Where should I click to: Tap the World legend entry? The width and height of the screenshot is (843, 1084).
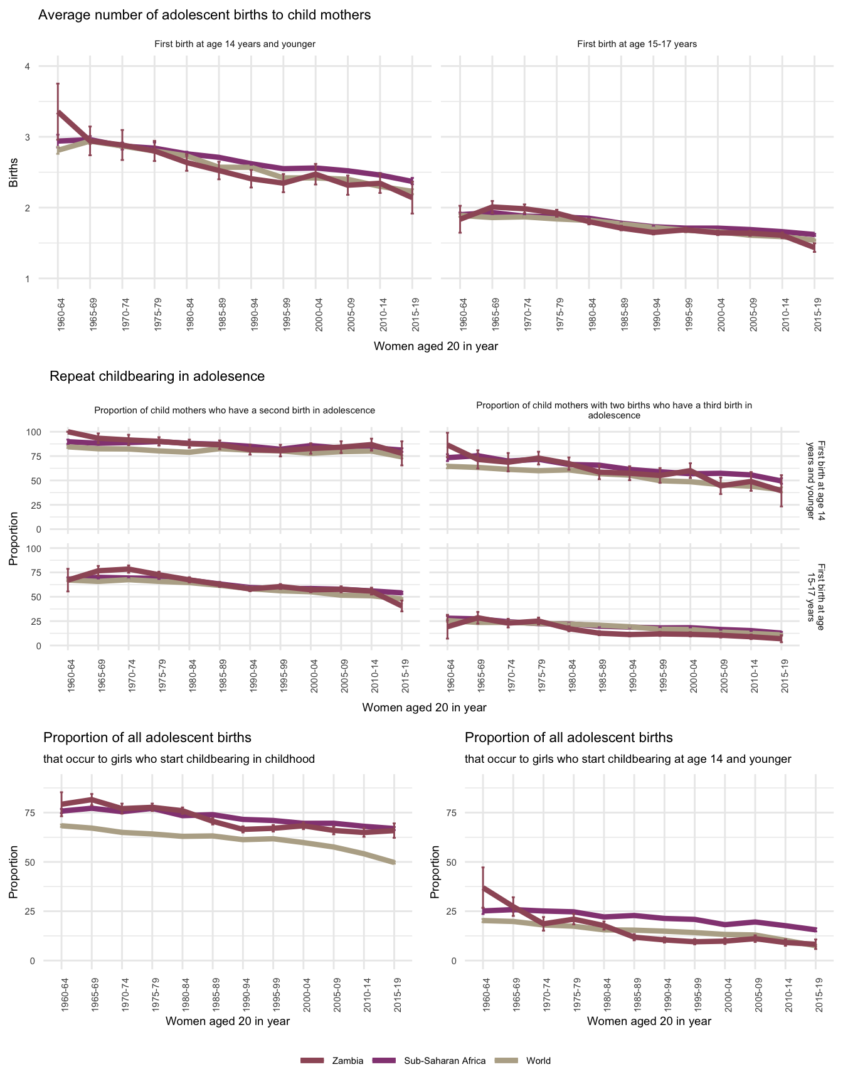coord(538,1061)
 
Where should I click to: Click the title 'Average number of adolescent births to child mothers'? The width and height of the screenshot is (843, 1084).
coord(204,15)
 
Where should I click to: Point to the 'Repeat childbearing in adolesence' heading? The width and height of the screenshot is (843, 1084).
coord(157,376)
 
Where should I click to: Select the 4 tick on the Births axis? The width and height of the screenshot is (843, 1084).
coord(27,66)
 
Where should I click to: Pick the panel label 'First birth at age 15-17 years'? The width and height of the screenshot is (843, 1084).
coord(637,45)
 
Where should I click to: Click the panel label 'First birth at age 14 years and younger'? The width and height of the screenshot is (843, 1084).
coord(235,45)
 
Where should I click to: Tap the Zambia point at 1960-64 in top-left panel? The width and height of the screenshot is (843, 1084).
coord(58,112)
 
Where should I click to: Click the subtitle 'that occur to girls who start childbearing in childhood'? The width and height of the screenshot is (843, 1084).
coord(179,759)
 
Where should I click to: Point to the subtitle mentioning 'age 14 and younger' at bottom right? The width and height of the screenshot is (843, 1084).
coord(628,759)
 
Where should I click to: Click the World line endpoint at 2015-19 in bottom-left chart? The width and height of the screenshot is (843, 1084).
coord(395,863)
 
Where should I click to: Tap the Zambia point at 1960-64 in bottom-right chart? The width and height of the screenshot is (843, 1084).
coord(483,888)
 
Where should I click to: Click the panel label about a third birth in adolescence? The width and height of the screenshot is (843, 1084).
coord(614,410)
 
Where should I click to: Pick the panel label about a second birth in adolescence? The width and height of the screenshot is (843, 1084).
coord(235,410)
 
